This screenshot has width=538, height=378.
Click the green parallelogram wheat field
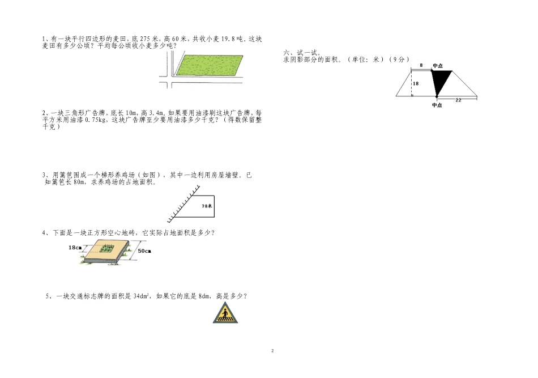(209, 65)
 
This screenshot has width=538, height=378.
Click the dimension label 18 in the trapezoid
(416, 83)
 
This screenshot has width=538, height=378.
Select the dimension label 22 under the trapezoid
(458, 100)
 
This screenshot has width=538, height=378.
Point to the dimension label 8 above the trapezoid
(421, 65)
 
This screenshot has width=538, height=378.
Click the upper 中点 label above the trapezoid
(437, 66)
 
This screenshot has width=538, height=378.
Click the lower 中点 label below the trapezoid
(437, 105)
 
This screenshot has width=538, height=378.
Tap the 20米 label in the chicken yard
(207, 206)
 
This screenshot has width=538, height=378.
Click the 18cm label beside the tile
(75, 248)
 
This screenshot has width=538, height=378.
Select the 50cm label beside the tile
(144, 251)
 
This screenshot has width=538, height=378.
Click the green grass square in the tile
(107, 249)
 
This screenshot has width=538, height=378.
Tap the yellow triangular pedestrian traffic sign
(225, 313)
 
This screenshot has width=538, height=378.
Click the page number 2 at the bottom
(272, 351)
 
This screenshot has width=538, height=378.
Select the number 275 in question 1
(146, 39)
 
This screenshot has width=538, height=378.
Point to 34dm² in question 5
(141, 296)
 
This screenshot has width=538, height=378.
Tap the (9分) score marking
(399, 60)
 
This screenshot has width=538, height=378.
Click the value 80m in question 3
(79, 182)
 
